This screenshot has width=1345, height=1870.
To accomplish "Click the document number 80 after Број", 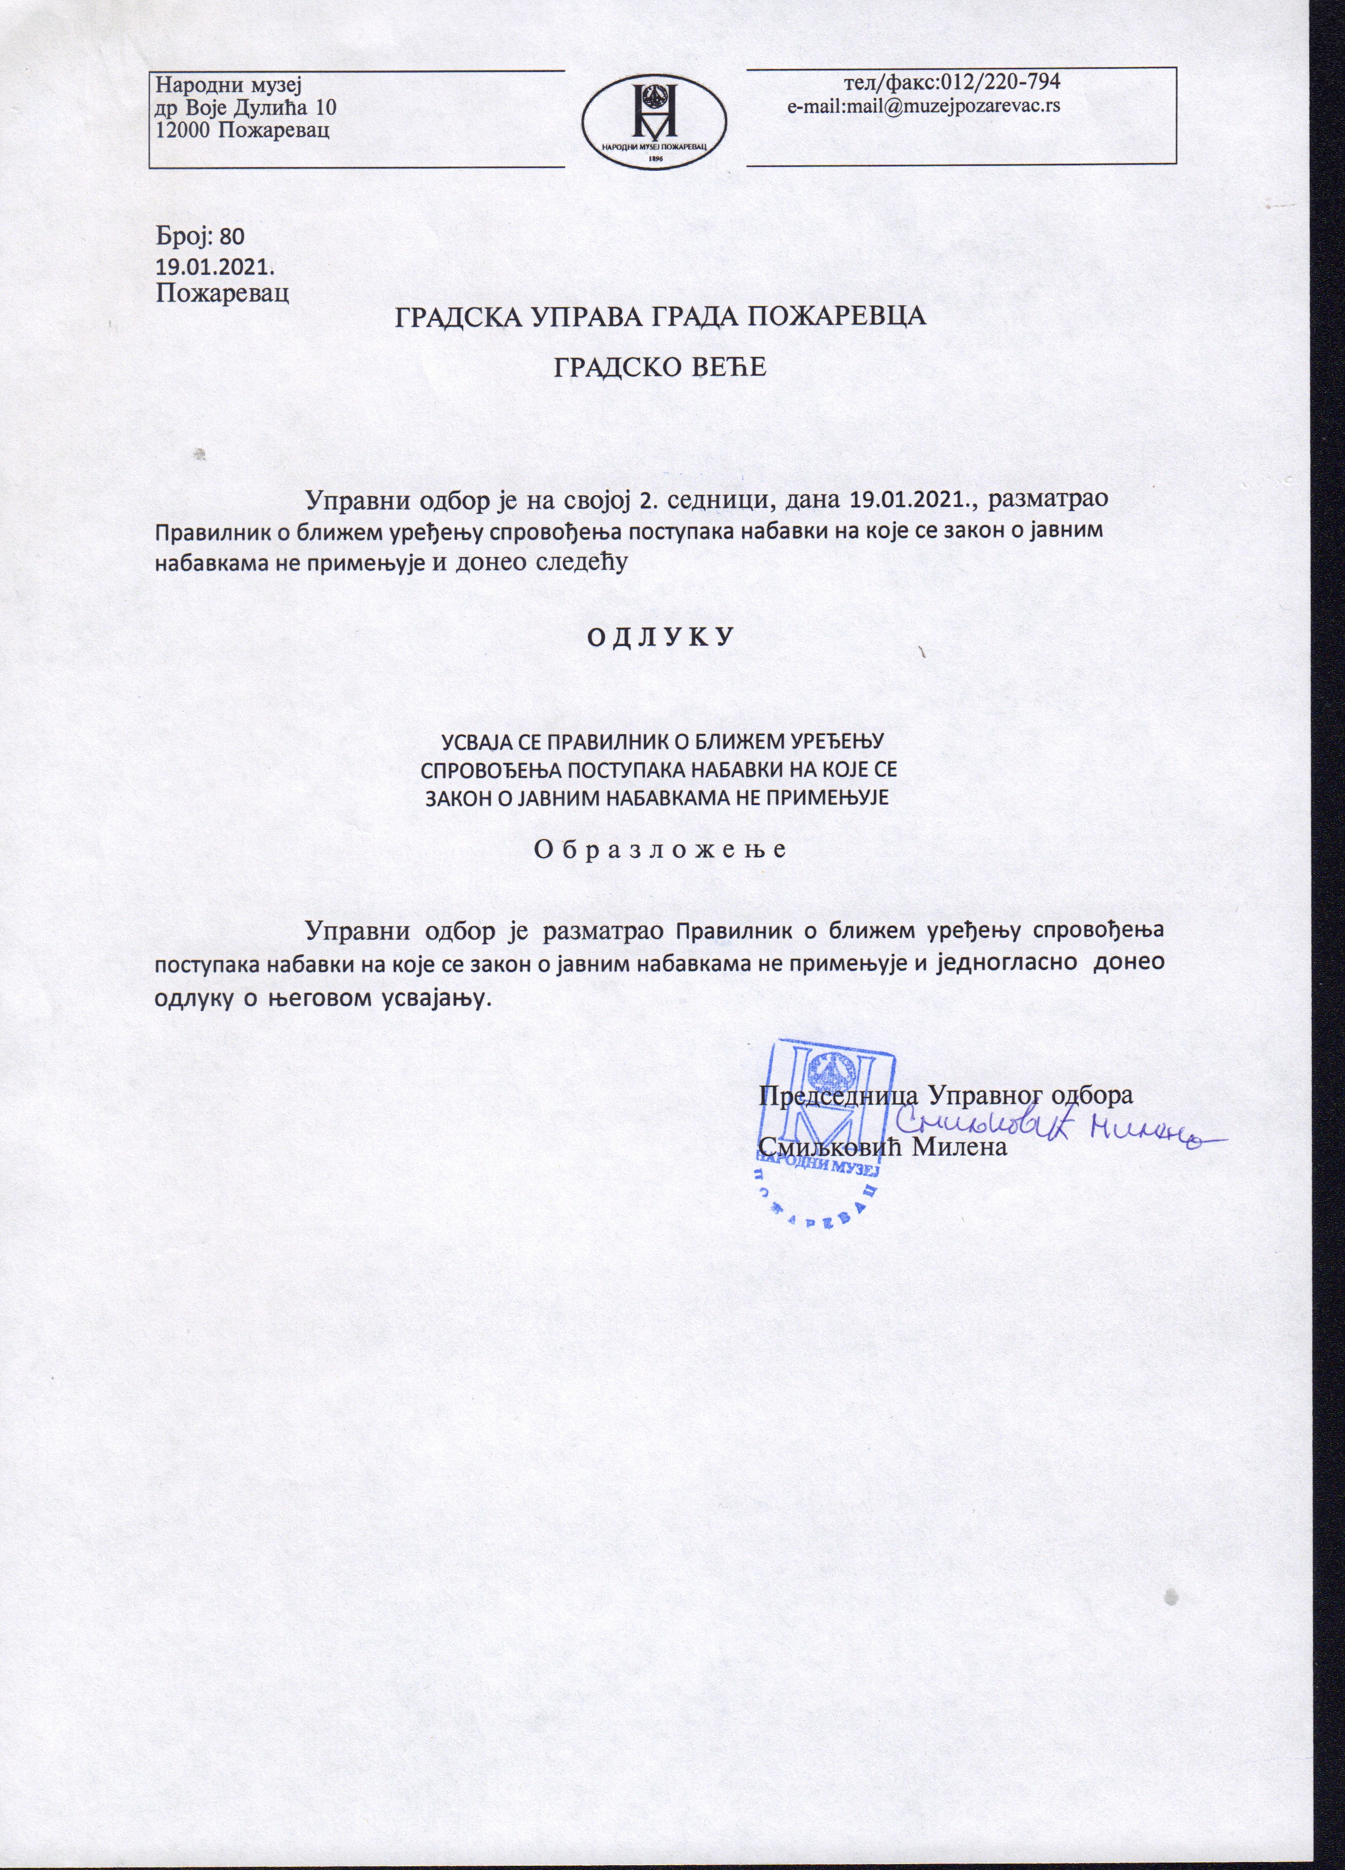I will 233,237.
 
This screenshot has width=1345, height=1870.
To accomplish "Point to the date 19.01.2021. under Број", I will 215,266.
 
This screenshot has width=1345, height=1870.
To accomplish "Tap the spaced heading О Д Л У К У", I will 660,638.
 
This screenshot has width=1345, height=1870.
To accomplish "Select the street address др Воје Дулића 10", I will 246,106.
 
